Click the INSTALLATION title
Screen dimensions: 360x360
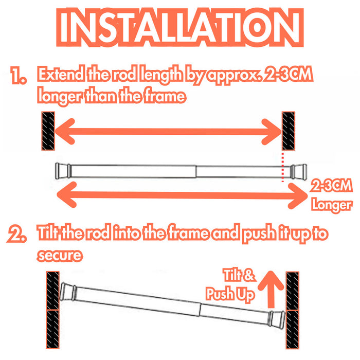pyautogui.click(x=180, y=27)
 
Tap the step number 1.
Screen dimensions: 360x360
pyautogui.click(x=19, y=75)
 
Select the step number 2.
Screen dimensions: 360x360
pyautogui.click(x=16, y=233)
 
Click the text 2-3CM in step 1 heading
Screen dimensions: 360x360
pyautogui.click(x=289, y=74)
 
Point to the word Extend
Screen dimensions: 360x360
pyautogui.click(x=61, y=74)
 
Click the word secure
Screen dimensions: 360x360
pyautogui.click(x=60, y=255)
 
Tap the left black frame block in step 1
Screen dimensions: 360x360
pyautogui.click(x=48, y=131)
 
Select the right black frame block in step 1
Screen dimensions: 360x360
pyautogui.click(x=289, y=131)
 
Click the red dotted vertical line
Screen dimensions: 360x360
pyautogui.click(x=283, y=167)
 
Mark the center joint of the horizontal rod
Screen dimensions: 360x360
pyautogui.click(x=196, y=171)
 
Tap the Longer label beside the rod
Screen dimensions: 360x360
pyautogui.click(x=332, y=205)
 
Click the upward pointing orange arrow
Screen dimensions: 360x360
pyautogui.click(x=271, y=289)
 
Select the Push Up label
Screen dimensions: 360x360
pyautogui.click(x=230, y=294)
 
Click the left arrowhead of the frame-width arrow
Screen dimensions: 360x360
pyautogui.click(x=65, y=131)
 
